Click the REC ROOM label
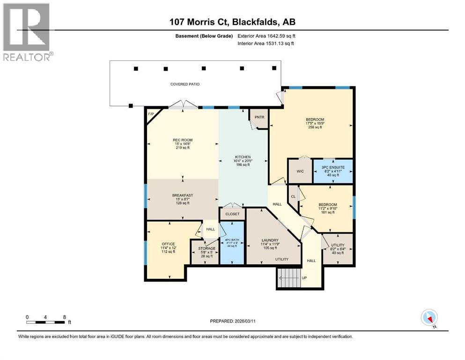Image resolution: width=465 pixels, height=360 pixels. pos(182,140)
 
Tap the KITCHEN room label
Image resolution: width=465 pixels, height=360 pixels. pos(243,157)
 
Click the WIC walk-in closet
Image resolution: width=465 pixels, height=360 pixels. pos(300,171)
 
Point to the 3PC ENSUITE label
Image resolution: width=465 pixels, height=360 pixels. pos(333,167)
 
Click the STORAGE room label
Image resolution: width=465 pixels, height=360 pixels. pos(207,248)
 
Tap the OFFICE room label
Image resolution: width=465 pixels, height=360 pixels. pos(168,244)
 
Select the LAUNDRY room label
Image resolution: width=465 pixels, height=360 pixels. pos(270,240)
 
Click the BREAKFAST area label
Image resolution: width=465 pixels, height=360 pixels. pos(182,195)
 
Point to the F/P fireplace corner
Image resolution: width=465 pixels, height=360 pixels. pos(151,114)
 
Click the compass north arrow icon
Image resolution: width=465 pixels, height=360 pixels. pos(429,318)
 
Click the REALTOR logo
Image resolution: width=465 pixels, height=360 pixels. pos(27,32)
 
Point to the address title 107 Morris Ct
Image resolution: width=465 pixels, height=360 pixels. pos(232,22)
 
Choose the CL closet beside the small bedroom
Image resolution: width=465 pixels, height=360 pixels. pos(293,197)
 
